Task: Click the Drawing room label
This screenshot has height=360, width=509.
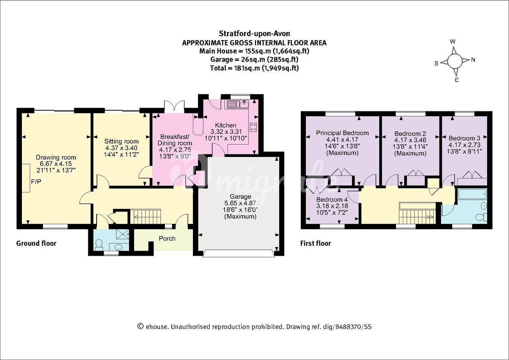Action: tap(56, 157)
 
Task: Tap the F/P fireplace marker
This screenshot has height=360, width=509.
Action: tap(36, 181)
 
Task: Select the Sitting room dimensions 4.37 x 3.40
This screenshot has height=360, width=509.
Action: tap(121, 148)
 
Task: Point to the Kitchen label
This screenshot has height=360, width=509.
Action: tap(225, 125)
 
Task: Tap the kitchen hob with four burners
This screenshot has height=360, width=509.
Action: tap(253, 127)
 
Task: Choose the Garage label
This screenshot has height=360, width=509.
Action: tap(241, 197)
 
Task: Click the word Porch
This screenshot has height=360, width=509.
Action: tap(167, 238)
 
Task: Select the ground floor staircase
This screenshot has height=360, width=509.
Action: tap(147, 216)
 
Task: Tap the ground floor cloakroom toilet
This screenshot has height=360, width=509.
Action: tap(99, 245)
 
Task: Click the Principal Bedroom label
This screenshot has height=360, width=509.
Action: tap(342, 133)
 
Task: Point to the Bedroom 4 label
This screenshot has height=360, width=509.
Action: tap(332, 200)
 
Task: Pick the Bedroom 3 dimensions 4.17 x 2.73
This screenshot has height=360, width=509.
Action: tap(464, 145)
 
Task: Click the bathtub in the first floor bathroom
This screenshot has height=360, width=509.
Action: tap(472, 194)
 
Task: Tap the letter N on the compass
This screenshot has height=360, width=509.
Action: tap(473, 60)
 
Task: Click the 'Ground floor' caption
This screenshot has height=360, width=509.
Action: tap(36, 243)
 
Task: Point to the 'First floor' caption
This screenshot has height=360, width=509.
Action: tap(316, 243)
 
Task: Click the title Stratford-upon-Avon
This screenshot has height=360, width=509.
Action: tap(254, 34)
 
